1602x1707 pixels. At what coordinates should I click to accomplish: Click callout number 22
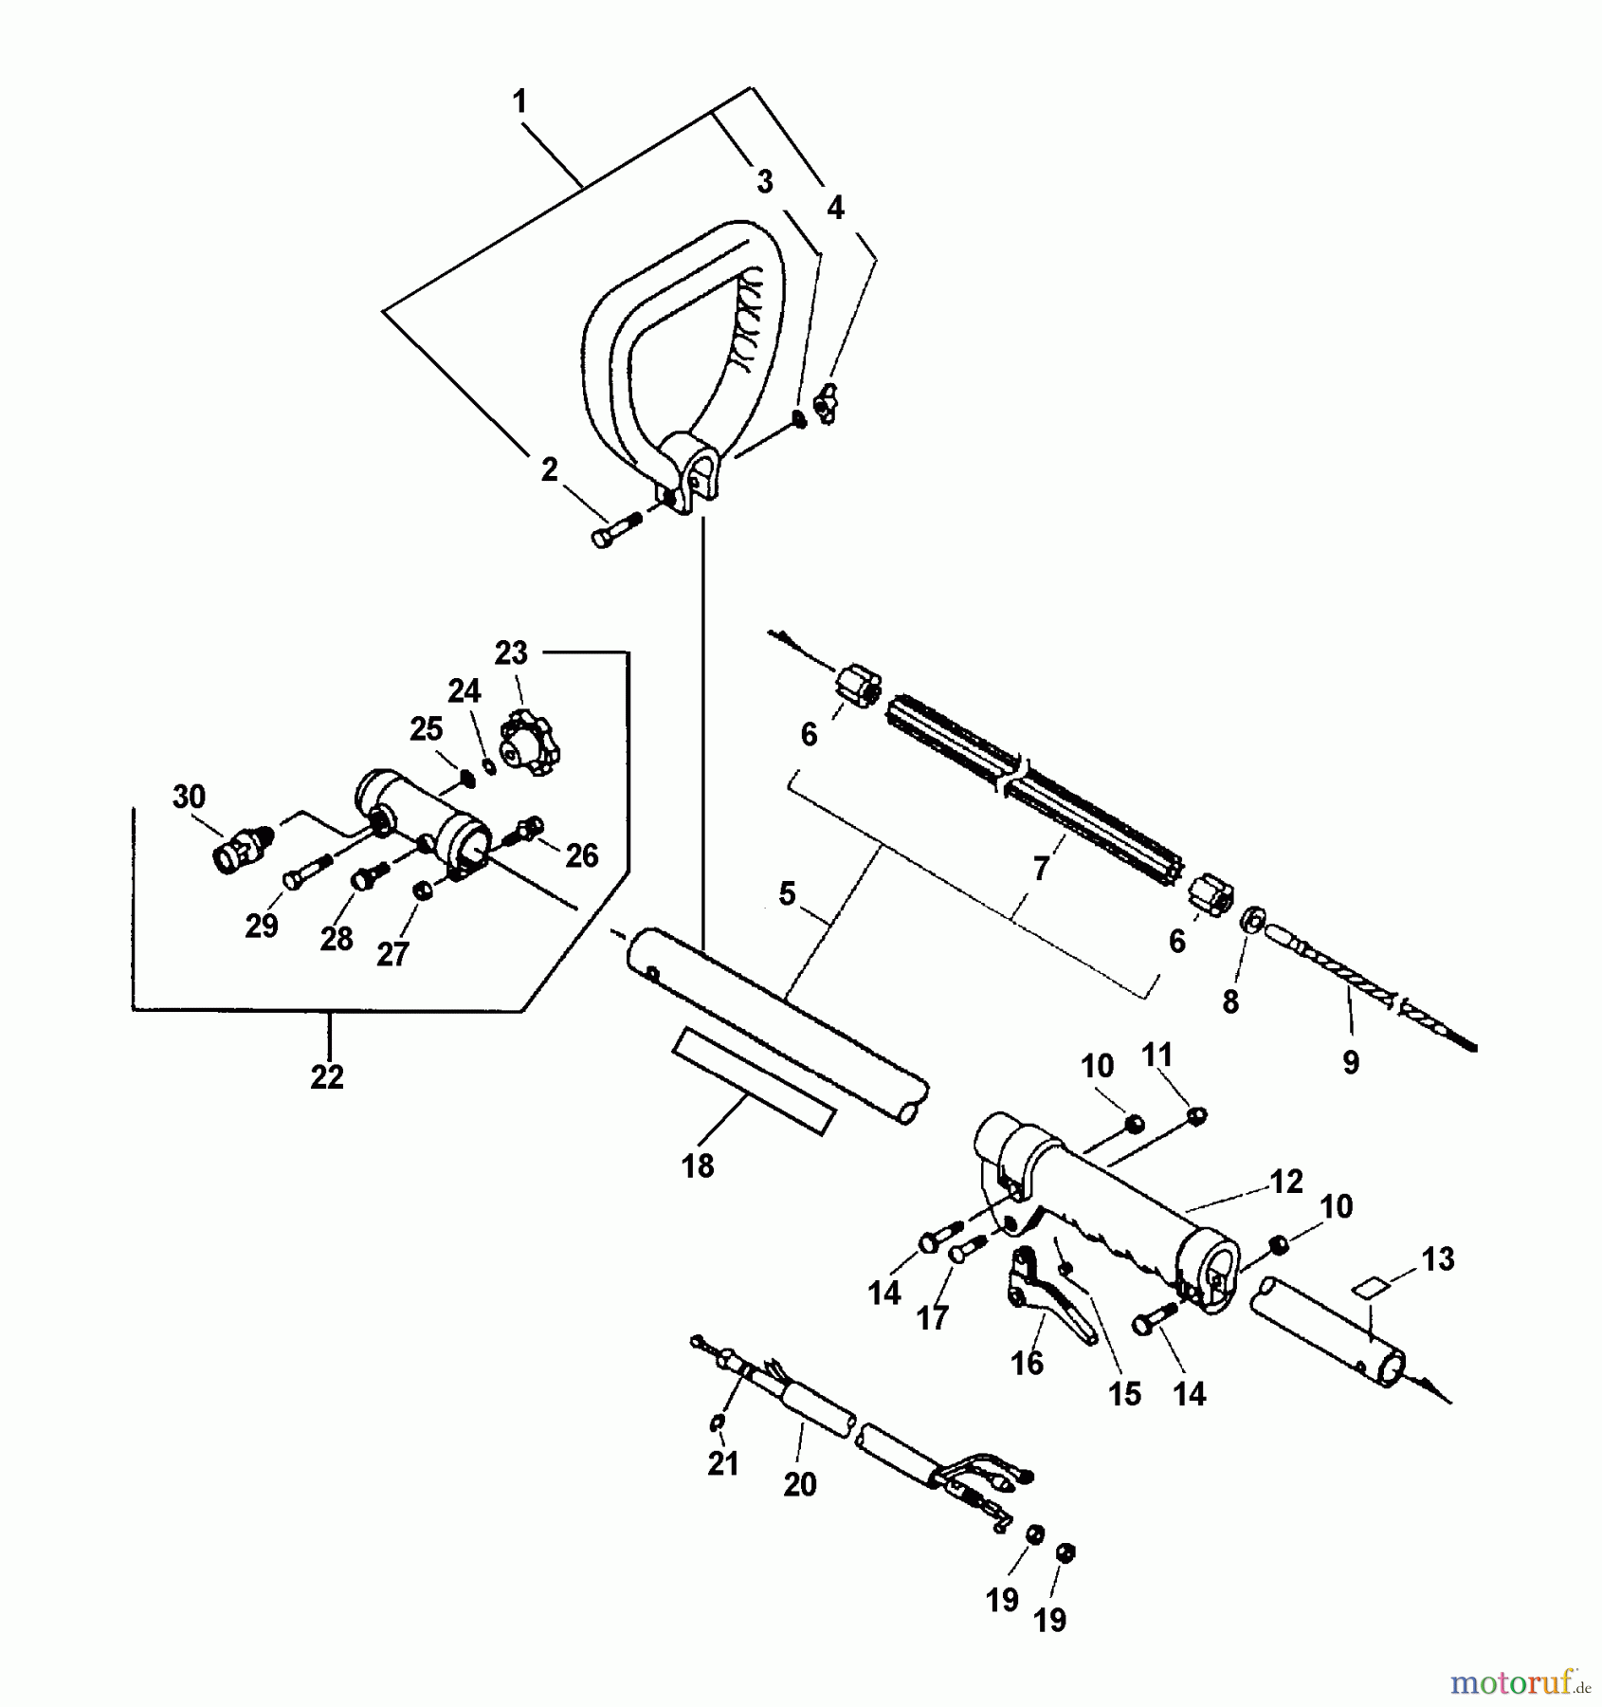327,1077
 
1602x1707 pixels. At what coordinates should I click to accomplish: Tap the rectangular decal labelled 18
754,1082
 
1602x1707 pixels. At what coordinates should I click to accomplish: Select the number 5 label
787,893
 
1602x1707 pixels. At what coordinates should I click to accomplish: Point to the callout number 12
1286,1182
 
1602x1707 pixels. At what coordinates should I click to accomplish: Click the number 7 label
1041,869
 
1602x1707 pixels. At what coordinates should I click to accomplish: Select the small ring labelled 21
717,1423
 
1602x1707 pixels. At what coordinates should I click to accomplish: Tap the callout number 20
800,1484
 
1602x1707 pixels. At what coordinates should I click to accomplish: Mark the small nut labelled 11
1197,1116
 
